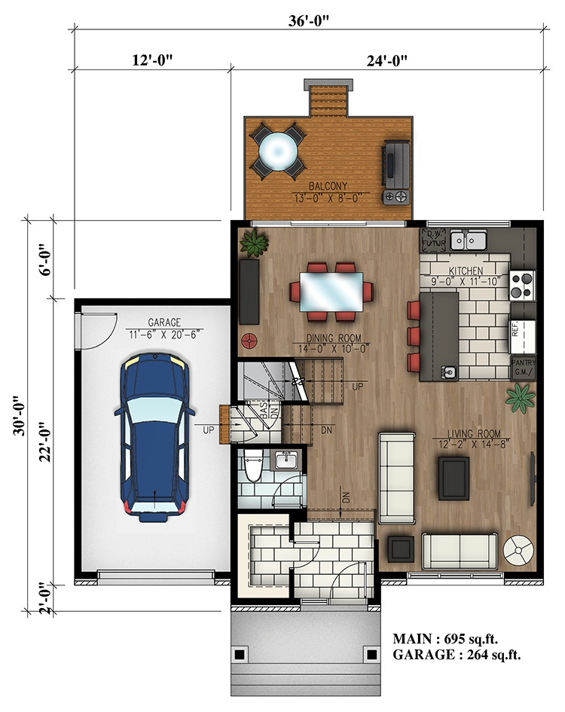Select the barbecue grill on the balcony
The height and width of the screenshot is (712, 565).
pos(396,173)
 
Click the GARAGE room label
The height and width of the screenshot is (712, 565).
pos(163,322)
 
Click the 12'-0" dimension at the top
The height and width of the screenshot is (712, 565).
pos(152,60)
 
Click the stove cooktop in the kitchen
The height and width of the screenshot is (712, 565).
pos(521,285)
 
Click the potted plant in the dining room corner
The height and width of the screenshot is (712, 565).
pos(255,243)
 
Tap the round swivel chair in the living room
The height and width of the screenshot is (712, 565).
pos(518,550)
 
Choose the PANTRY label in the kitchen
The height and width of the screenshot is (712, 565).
pos(524,362)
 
